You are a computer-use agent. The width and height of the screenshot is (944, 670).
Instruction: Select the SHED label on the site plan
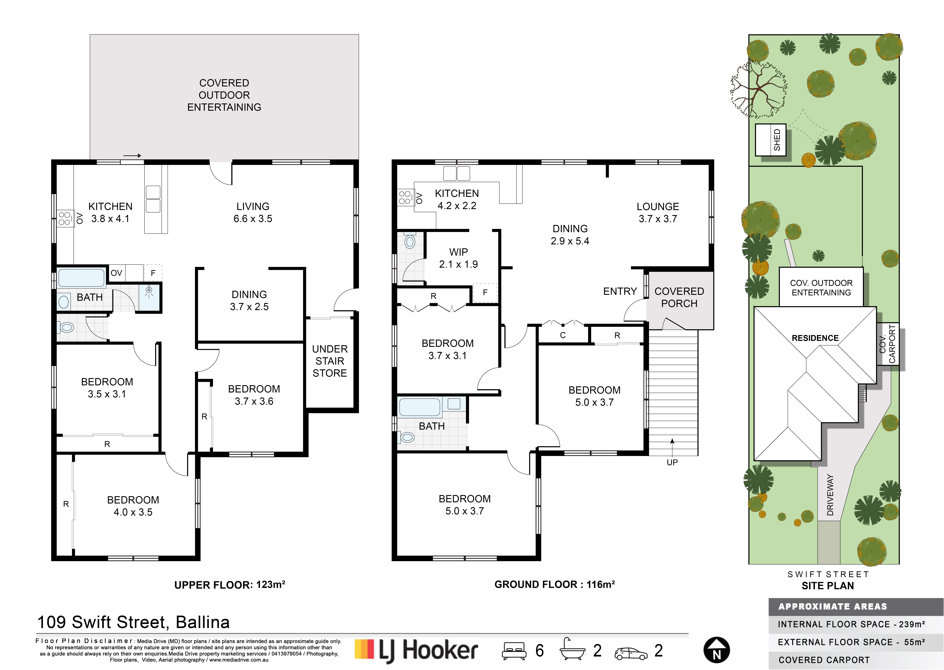point(777,140)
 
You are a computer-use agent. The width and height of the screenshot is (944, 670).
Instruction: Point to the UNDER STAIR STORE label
point(330,361)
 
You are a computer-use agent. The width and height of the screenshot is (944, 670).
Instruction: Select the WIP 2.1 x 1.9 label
point(458,258)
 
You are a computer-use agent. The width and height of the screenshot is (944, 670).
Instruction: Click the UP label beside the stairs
point(672,463)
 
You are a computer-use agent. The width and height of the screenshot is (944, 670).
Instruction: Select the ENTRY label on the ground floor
point(620,291)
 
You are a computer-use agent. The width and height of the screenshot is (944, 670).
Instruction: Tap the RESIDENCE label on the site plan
point(815,338)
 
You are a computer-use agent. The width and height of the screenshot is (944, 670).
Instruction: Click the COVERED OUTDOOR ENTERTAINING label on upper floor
point(224,95)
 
